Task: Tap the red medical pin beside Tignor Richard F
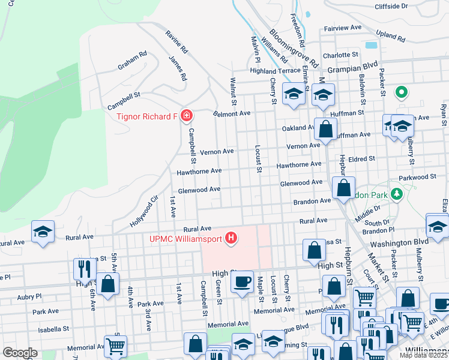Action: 187,115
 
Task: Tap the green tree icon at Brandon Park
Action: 396,194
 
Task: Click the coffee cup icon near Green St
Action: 243,281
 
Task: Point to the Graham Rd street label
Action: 132,60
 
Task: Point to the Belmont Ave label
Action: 232,113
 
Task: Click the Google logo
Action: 20,353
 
